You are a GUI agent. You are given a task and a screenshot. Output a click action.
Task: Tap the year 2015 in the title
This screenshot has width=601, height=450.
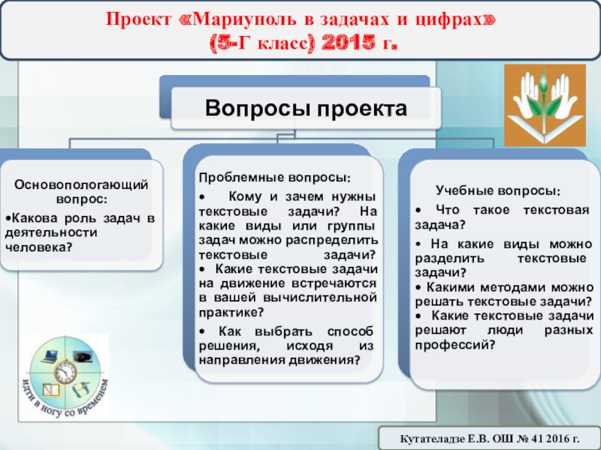tap(349, 43)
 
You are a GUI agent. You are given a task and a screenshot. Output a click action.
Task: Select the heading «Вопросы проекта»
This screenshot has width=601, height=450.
tap(306, 108)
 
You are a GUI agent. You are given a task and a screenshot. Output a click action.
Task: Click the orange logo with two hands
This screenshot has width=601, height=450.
tap(545, 105)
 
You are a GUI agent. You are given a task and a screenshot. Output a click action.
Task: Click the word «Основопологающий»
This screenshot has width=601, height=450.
tap(81, 184)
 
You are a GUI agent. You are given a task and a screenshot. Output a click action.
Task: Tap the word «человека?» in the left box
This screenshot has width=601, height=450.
tap(39, 247)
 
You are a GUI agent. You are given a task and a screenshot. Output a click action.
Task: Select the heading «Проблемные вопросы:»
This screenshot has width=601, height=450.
tap(275, 178)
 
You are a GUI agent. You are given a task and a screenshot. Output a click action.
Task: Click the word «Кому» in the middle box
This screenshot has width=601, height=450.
tap(245, 196)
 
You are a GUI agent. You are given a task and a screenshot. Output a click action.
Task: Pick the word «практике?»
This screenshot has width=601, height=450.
tap(231, 312)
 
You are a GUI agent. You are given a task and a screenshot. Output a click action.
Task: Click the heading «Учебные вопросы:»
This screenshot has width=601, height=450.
tap(498, 190)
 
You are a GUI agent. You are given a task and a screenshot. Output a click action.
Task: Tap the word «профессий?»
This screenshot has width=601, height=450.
tap(455, 345)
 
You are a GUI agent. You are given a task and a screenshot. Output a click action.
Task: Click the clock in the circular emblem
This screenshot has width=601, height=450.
tap(65, 372)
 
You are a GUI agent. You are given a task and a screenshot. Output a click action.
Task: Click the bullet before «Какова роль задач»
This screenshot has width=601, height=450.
tap(8, 218)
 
